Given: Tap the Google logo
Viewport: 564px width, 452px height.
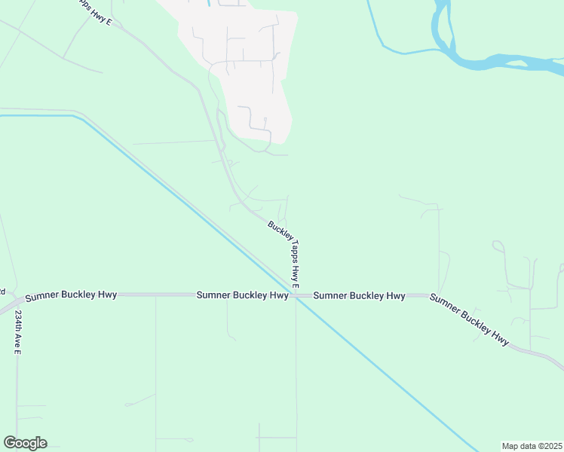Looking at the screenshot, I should click(x=25, y=443).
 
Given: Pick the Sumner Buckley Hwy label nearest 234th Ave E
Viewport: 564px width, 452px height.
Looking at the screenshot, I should click(x=71, y=295).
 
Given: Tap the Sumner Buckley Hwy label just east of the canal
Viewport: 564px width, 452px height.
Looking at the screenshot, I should click(x=359, y=295).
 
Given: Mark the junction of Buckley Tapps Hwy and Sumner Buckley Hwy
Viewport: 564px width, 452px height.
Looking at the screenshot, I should click(x=296, y=295).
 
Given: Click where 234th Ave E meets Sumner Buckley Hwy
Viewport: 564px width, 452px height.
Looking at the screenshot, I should click(x=17, y=300).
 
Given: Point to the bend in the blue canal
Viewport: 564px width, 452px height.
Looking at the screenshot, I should click(x=75, y=116).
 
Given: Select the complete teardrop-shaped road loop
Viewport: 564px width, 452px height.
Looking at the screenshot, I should click(x=498, y=246).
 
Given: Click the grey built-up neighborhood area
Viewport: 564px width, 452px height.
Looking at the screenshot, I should click(x=249, y=75).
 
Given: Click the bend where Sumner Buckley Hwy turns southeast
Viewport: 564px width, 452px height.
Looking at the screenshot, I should click(x=430, y=295).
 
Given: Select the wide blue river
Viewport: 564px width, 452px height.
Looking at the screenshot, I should click(x=513, y=60).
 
